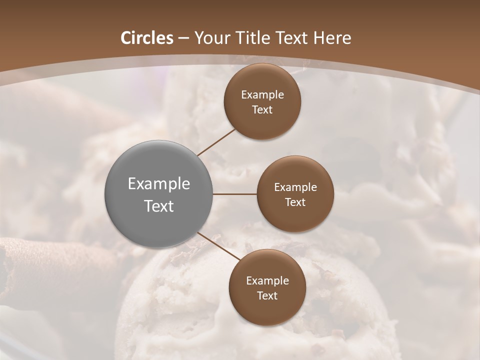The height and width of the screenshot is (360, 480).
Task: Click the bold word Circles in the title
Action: (147, 38)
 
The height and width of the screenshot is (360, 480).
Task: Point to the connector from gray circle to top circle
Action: (217, 141)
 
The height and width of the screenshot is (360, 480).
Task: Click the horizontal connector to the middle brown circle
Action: (235, 194)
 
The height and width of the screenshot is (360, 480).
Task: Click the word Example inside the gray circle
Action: (159, 184)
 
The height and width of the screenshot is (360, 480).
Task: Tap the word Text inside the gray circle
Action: (159, 206)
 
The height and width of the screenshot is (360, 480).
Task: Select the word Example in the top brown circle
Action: (262, 95)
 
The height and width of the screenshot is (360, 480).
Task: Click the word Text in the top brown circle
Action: (262, 110)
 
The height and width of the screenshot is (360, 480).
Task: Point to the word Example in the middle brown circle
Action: (295, 187)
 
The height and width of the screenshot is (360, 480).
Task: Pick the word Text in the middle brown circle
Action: (295, 202)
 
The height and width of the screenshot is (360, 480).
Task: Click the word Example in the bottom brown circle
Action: (267, 281)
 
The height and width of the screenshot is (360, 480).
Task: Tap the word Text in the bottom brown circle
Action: (267, 296)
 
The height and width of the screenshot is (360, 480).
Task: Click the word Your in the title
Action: (209, 38)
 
